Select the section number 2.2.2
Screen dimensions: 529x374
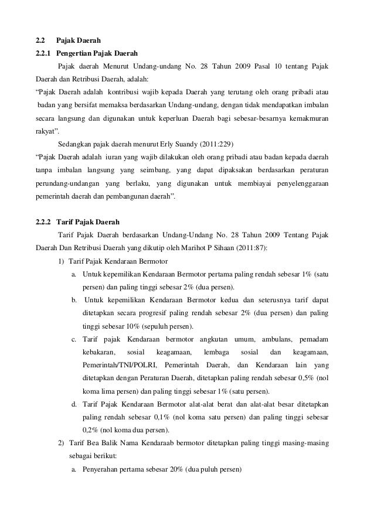coord(43,223)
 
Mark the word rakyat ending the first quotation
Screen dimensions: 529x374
coord(49,131)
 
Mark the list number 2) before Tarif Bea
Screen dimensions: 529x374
coord(62,443)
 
